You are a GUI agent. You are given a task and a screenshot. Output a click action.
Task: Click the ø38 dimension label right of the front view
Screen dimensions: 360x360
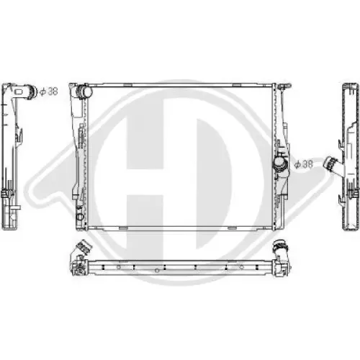pyautogui.click(x=305, y=165)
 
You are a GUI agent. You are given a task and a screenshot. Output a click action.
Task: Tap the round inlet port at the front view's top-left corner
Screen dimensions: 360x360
pyautogui.click(x=85, y=93)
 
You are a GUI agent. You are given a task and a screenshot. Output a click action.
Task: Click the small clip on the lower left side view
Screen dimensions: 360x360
pyautogui.click(x=9, y=196)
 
